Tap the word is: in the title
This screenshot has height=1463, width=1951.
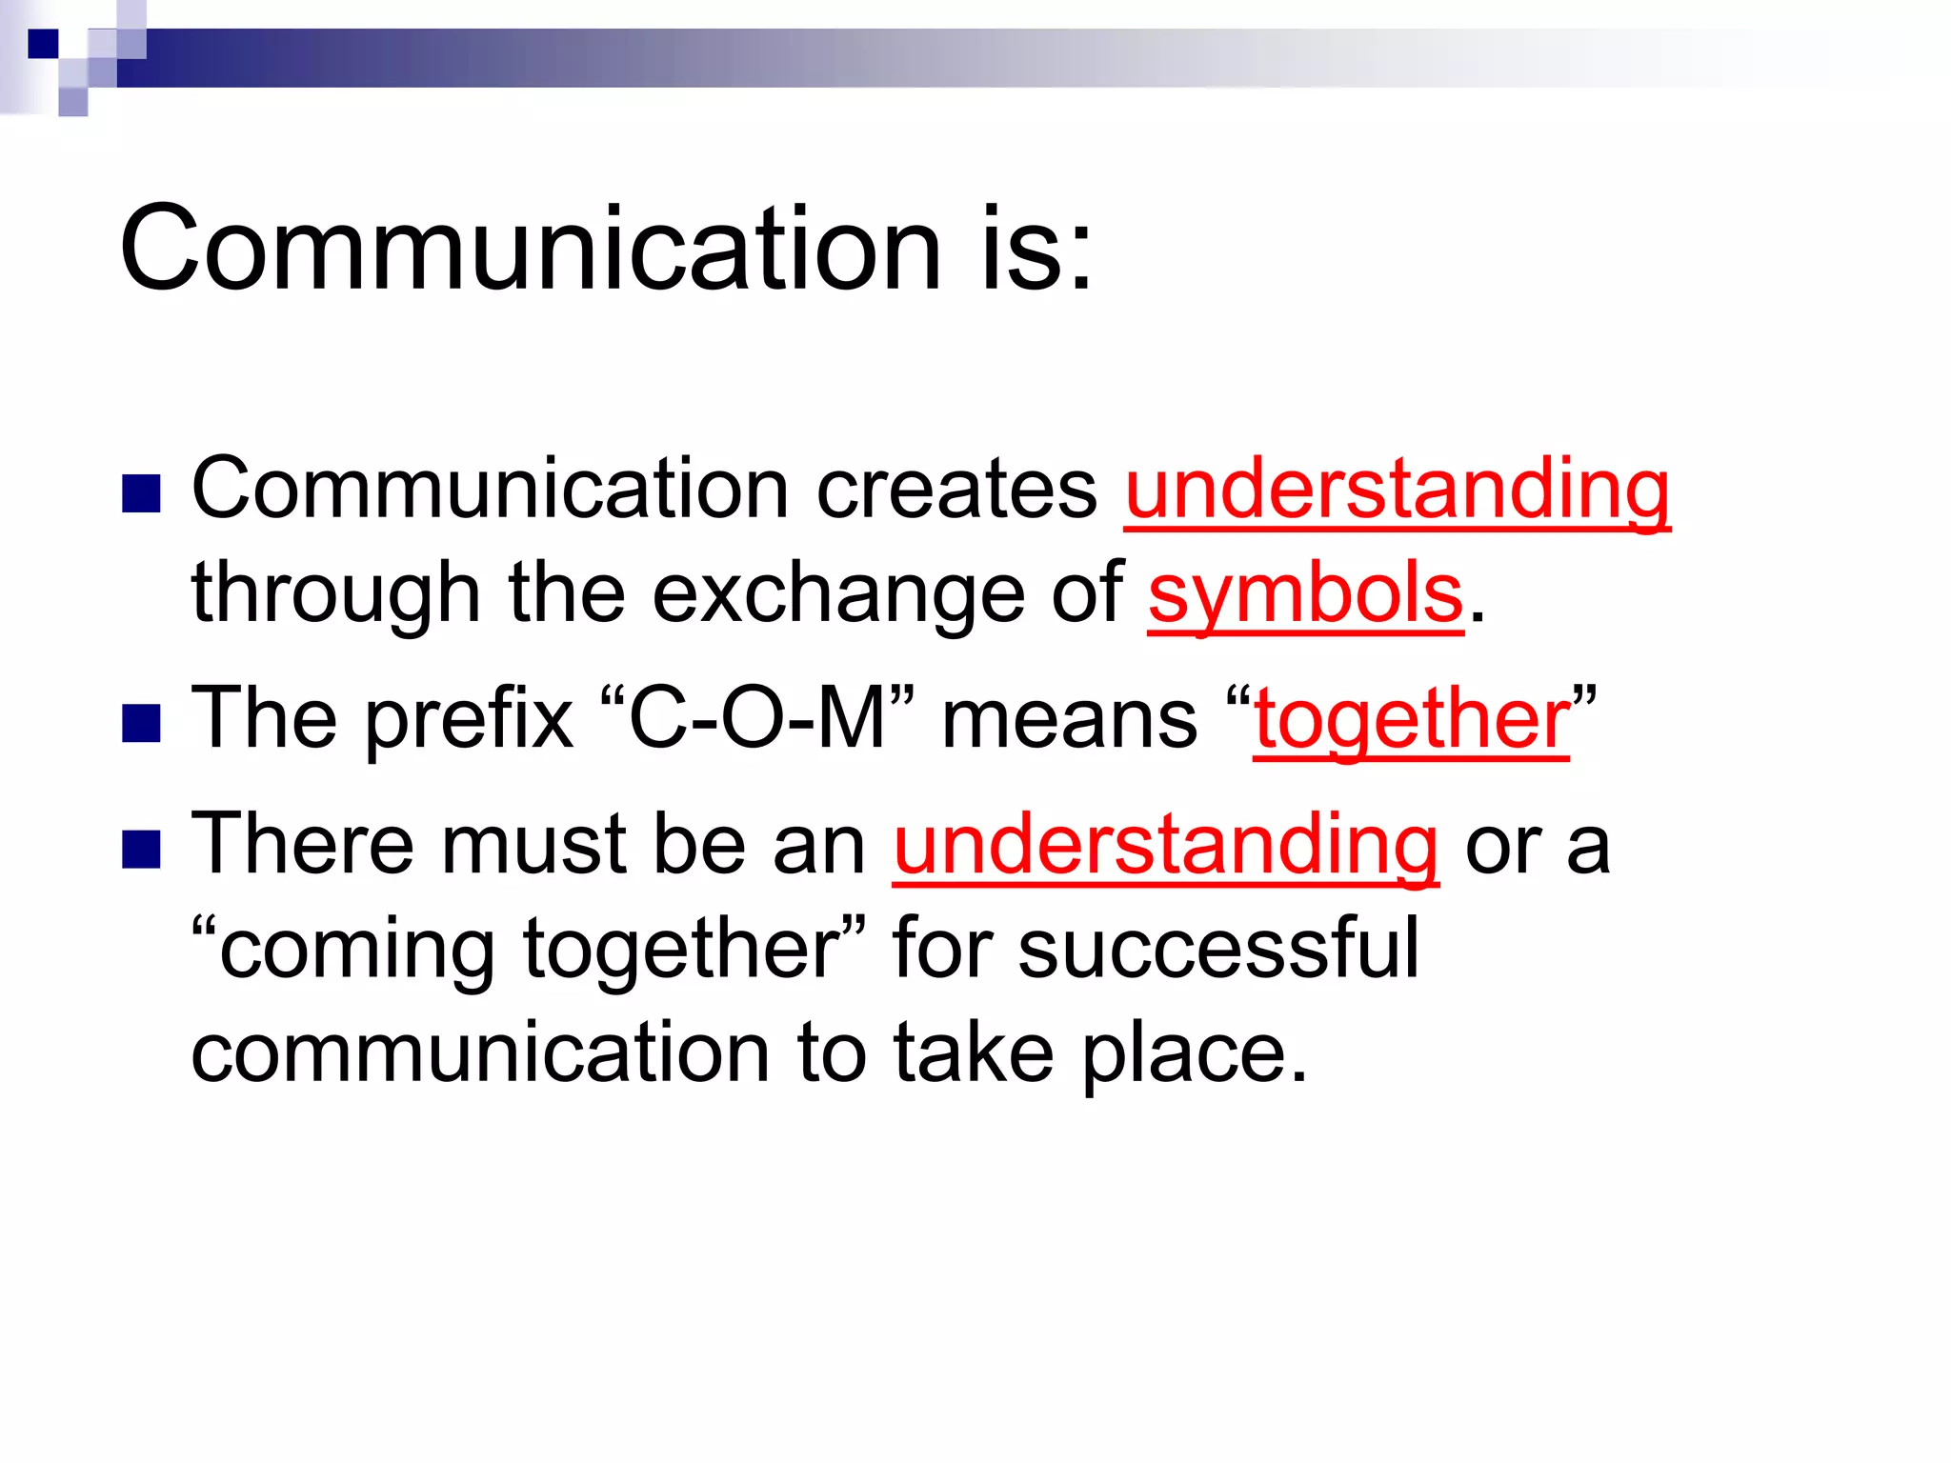[1037, 250]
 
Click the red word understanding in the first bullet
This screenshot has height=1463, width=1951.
[1397, 489]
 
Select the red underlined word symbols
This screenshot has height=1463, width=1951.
[1305, 593]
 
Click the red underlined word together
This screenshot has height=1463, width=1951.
[1411, 719]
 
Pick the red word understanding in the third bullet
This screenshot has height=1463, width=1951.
[1165, 845]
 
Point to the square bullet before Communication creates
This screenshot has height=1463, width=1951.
[142, 493]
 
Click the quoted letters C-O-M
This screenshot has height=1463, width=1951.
[757, 719]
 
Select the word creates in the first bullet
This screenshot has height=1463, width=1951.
[956, 489]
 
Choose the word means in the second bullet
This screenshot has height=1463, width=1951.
[1069, 719]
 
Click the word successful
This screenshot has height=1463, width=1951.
[1218, 949]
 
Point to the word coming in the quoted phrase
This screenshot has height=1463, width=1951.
[357, 951]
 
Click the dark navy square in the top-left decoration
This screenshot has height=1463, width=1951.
[43, 44]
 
